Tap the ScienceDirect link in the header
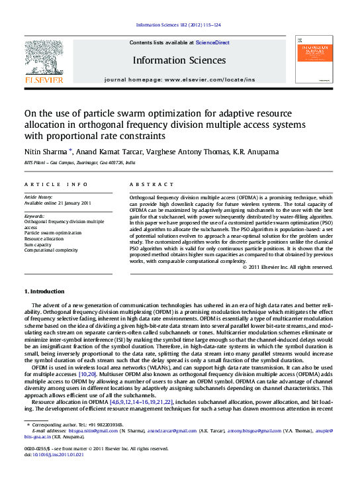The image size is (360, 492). pos(214,42)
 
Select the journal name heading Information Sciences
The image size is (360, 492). pos(179,60)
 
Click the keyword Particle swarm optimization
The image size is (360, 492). pos(53,233)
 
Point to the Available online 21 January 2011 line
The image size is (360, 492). pos(58,203)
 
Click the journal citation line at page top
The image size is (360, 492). pos(179,25)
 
